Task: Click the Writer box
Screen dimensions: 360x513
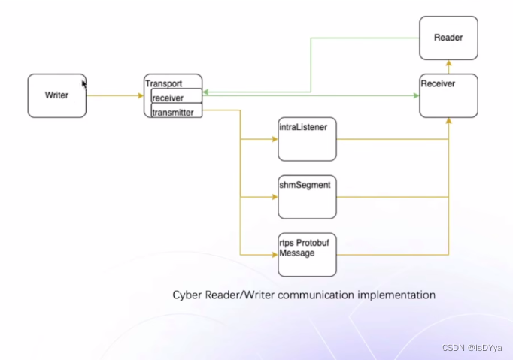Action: (57, 95)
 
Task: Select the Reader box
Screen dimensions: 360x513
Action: (448, 38)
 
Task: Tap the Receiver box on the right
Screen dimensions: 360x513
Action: (448, 95)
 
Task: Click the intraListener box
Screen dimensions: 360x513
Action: (306, 139)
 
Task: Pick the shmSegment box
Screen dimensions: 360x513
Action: (306, 197)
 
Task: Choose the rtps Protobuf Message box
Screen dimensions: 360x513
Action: (306, 254)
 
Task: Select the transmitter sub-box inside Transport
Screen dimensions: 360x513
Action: (177, 111)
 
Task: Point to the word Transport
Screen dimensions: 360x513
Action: (163, 83)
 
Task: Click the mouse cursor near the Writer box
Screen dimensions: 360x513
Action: (84, 83)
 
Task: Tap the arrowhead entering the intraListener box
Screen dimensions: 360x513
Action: (275, 139)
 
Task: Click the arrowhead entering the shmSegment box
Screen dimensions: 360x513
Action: (275, 197)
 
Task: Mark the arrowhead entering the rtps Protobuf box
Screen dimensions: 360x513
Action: (275, 254)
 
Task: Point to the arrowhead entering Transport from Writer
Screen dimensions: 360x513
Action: (141, 95)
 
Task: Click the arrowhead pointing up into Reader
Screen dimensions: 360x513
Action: (448, 63)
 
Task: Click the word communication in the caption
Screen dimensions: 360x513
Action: (314, 295)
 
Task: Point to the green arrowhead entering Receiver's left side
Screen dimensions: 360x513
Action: (416, 95)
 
